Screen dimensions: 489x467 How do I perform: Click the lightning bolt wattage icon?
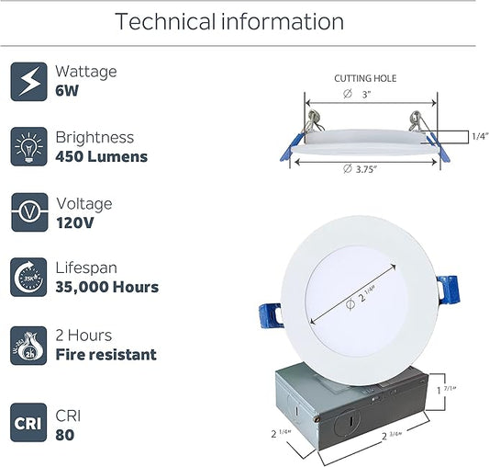pyautogui.click(x=28, y=82)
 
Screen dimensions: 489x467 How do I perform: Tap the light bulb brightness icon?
pyautogui.click(x=28, y=146)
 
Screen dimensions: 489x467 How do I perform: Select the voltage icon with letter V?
pyautogui.click(x=29, y=212)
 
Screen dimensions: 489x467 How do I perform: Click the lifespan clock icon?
pyautogui.click(x=28, y=278)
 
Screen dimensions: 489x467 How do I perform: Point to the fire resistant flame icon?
pyautogui.click(x=28, y=346)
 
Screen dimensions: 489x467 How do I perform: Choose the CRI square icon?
pyautogui.click(x=28, y=423)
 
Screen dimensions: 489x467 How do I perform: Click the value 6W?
pyautogui.click(x=67, y=91)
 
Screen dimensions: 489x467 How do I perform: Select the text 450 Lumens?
pyautogui.click(x=101, y=156)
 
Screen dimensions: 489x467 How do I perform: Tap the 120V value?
pyautogui.click(x=75, y=222)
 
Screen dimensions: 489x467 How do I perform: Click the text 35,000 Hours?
pyautogui.click(x=107, y=287)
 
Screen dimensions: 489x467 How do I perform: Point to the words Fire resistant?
pyautogui.click(x=106, y=355)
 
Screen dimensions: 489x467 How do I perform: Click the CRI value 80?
pyautogui.click(x=65, y=435)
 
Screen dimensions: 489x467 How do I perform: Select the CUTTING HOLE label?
pyautogui.click(x=365, y=78)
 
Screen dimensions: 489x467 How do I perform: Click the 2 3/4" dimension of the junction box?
pyautogui.click(x=392, y=436)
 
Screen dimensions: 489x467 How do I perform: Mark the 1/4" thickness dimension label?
pyautogui.click(x=480, y=136)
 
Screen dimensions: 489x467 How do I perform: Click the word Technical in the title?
pyautogui.click(x=165, y=21)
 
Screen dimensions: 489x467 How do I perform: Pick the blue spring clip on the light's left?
pyautogui.click(x=271, y=316)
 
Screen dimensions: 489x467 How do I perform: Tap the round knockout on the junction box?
pyautogui.click(x=348, y=422)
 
